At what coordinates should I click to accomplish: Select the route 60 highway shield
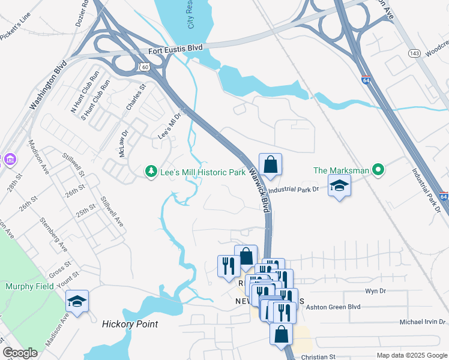pyautogui.click(x=145, y=67)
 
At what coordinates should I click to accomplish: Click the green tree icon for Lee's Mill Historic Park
pyautogui.click(x=150, y=172)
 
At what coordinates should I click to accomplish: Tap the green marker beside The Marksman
pyautogui.click(x=378, y=170)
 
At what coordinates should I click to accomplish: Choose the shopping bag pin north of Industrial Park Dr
pyautogui.click(x=270, y=164)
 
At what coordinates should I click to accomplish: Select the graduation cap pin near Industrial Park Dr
pyautogui.click(x=339, y=186)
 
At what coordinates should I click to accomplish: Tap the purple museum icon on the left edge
pyautogui.click(x=9, y=160)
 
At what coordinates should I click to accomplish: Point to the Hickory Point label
pyautogui.click(x=130, y=324)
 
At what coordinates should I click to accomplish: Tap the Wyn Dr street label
pyautogui.click(x=374, y=291)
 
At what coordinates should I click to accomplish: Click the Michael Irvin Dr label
pyautogui.click(x=423, y=323)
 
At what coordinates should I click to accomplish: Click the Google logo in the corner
pyautogui.click(x=20, y=353)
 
